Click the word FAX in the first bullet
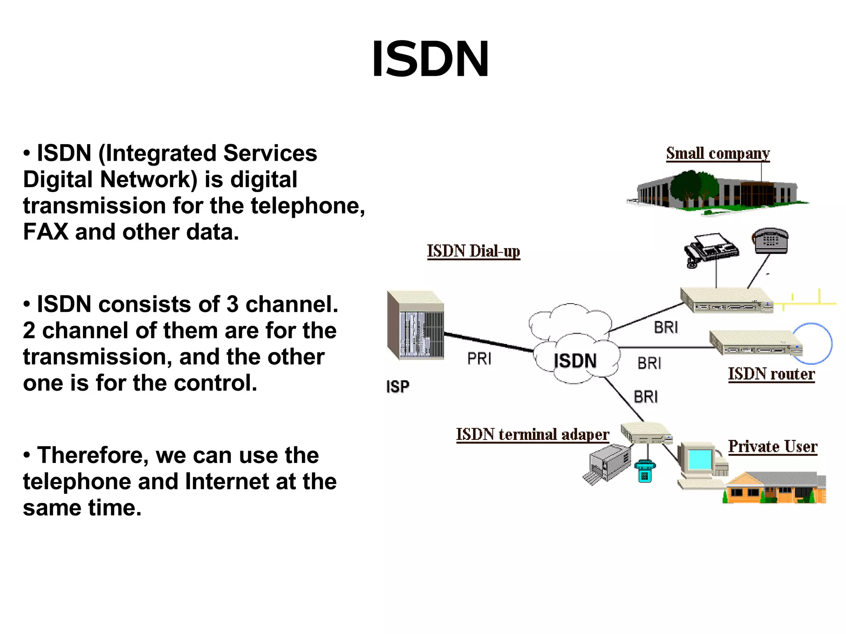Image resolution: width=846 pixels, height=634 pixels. pos(45,232)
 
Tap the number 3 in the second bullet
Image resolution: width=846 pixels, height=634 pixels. pos(232,304)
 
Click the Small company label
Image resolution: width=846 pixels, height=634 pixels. pos(718,154)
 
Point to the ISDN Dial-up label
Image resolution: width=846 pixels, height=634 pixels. pos(473,251)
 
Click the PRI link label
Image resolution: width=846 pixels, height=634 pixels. pos(479,359)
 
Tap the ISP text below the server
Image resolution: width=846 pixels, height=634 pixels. pos(397,387)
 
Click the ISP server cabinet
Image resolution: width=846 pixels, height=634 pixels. pos(415,325)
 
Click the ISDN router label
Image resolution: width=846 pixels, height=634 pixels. pos(771,374)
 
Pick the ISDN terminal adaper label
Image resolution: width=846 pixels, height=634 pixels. pos(532,435)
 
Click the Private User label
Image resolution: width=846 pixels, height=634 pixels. pos(772,446)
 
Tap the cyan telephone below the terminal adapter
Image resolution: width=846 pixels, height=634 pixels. pos(644,471)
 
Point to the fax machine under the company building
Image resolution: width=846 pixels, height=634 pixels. pos(711,249)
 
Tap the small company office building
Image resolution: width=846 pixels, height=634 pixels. pos(717,192)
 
